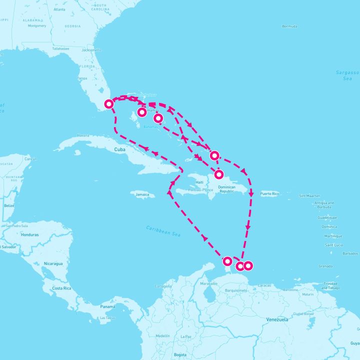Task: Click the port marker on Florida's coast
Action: (x=108, y=104)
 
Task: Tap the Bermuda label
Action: (x=289, y=26)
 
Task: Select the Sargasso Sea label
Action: (x=347, y=75)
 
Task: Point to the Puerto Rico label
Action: (x=269, y=193)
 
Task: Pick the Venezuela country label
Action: (x=277, y=319)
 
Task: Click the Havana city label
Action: (x=83, y=135)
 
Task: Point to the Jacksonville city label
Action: (x=90, y=49)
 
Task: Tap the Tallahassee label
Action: (x=60, y=48)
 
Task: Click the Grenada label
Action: (x=325, y=266)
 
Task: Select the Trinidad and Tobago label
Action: (x=330, y=286)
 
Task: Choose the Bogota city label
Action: (x=180, y=354)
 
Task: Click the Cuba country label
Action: (x=119, y=149)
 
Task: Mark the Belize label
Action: (x=8, y=205)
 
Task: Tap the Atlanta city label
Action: (x=59, y=9)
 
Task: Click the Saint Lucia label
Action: (x=333, y=244)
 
